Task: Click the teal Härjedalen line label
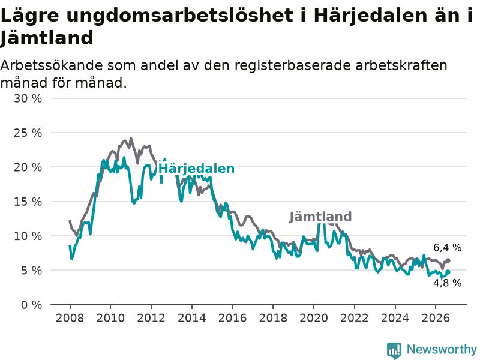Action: tap(196, 169)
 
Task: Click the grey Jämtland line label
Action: tap(320, 217)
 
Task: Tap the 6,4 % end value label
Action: tap(447, 248)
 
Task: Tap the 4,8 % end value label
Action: tap(447, 283)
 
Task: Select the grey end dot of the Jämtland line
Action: tap(448, 261)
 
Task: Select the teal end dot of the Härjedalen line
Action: tap(448, 272)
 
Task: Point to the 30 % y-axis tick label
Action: tap(28, 98)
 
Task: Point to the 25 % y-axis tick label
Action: tap(28, 133)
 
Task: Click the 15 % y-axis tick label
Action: tap(28, 202)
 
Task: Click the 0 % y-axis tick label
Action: tap(32, 305)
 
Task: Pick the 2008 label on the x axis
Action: tap(70, 318)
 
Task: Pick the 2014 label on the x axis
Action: tap(191, 318)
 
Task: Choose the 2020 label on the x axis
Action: tap(314, 318)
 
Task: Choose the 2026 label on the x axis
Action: tap(436, 318)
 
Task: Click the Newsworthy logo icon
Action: tap(394, 350)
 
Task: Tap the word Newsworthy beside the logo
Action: tap(442, 349)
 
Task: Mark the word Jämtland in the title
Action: tap(46, 38)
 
